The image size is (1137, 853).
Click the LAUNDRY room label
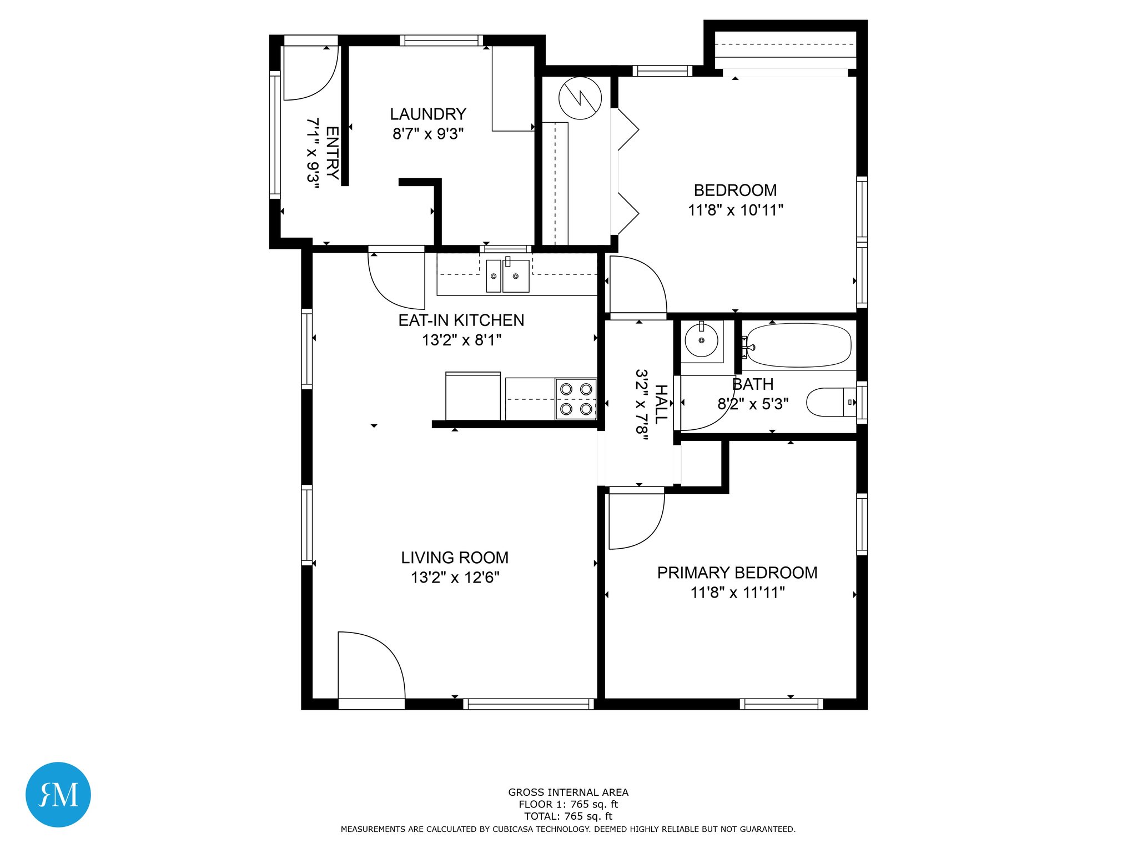427,114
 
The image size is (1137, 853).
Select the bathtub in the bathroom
798,345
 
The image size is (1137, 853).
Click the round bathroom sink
701,340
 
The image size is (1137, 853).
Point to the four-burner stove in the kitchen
576,399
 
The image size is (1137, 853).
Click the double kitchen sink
507,275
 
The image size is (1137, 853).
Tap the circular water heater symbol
580,98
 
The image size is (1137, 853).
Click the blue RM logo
58,795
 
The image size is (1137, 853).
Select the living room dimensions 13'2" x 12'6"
455,578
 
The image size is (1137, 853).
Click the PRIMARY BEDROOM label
737,573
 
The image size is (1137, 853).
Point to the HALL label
661,404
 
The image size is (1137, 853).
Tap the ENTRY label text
332,153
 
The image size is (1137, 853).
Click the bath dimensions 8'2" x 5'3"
753,404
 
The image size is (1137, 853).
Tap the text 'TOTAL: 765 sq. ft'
568,816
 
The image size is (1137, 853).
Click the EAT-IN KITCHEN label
461,320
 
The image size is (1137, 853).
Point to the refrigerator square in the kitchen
473,396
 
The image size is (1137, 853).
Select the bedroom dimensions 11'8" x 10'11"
736,210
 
